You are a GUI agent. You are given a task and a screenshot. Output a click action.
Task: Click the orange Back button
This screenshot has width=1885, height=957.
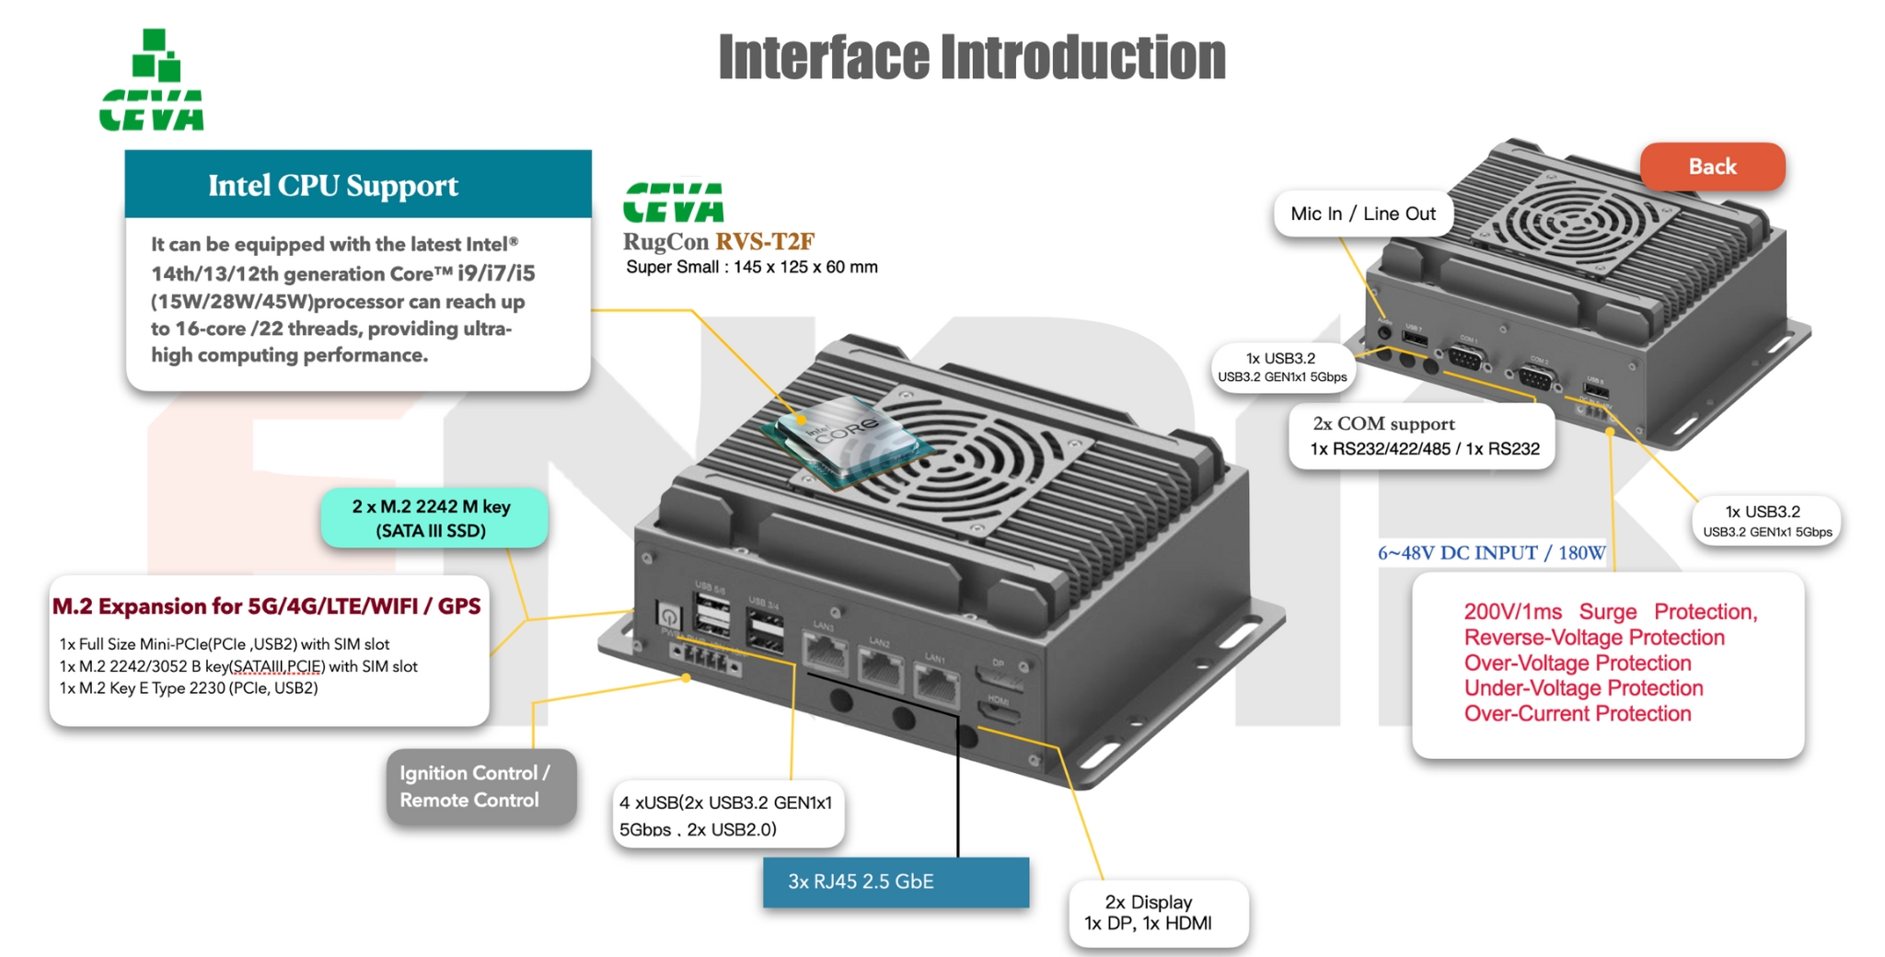coord(1712,167)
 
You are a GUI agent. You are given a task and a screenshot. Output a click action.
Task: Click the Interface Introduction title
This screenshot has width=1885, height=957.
coord(972,57)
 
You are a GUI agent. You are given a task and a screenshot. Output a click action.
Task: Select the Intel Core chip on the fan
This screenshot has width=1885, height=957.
coord(842,439)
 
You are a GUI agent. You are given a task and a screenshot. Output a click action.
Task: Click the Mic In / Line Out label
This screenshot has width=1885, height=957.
coord(1362,214)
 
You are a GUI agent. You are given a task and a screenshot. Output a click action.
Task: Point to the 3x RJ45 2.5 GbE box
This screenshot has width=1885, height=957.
coord(896,882)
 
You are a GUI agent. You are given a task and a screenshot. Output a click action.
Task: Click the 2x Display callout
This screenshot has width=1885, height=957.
coord(1158,913)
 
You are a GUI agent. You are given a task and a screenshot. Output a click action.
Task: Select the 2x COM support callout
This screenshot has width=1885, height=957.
coord(1422,436)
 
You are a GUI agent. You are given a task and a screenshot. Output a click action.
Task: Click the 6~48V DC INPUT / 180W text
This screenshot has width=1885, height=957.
coord(1491,553)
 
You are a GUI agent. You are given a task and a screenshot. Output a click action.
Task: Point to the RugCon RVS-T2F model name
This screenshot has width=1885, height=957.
coord(718,242)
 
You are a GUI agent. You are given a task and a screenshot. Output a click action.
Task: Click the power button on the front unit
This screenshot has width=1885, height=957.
coord(668,616)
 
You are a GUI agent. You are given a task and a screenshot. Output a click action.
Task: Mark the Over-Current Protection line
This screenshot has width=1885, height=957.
coord(1578,714)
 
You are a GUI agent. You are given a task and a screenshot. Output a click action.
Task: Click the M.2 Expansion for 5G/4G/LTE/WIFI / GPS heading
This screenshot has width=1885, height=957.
coord(267,606)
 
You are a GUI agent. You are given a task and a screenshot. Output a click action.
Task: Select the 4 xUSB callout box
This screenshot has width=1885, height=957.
coord(728,815)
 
